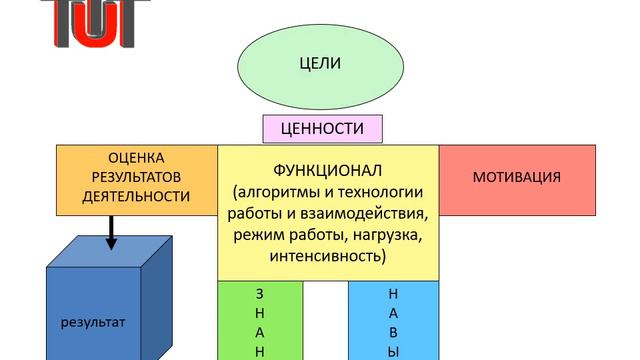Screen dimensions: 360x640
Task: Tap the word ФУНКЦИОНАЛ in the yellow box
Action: click(327, 170)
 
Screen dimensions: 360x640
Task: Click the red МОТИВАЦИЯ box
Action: click(516, 177)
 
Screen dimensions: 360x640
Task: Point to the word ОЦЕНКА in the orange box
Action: click(136, 158)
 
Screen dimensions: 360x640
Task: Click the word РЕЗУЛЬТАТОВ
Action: click(136, 177)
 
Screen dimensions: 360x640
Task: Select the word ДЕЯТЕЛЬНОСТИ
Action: click(136, 196)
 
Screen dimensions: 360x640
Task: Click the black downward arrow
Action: click(110, 238)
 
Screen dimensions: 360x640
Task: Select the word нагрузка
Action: click(386, 235)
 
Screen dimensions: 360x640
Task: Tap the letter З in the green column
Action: click(261, 294)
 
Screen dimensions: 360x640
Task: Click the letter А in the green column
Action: click(261, 332)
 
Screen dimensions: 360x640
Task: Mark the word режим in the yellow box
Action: click(259, 235)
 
